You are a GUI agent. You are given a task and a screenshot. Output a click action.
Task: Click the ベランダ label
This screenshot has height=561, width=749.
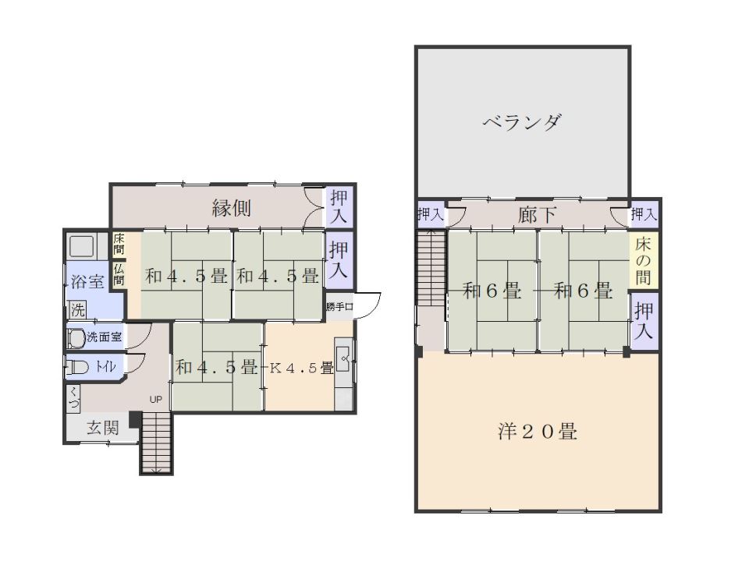point(522,122)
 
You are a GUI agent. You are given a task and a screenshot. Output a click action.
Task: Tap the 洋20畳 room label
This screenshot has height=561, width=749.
point(538,431)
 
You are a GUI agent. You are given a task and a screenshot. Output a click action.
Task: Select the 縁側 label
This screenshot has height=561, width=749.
point(231,208)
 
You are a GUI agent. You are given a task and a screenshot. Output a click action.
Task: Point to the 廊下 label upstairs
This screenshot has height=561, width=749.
point(538,215)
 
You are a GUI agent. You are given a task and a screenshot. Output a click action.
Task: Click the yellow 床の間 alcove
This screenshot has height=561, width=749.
point(644,260)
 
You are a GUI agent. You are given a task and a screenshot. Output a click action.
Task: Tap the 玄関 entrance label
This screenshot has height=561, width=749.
point(102,428)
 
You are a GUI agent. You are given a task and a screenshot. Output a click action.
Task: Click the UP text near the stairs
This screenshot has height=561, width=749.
point(156,400)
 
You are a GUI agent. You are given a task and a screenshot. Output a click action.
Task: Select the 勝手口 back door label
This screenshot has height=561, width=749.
point(340,306)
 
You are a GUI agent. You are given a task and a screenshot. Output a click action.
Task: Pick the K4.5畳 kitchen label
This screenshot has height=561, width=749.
point(301,368)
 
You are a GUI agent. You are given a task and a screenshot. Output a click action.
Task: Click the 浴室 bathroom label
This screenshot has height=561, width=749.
point(87,281)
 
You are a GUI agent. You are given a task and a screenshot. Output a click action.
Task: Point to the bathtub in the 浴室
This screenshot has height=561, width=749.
point(81,247)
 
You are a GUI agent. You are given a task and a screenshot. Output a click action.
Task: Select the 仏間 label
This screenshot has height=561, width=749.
point(119,273)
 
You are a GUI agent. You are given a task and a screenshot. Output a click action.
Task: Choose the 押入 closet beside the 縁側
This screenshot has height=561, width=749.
point(339,206)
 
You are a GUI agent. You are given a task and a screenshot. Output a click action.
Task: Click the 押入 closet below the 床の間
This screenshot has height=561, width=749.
point(644,321)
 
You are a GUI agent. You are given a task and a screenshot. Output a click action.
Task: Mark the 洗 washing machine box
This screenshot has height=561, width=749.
point(78,309)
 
